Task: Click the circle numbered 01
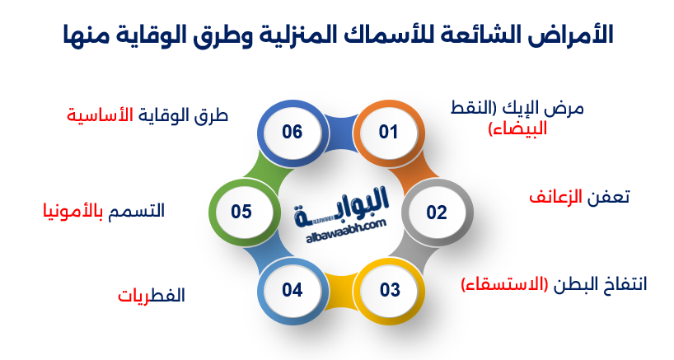click(x=388, y=133)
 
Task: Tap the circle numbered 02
click(x=436, y=213)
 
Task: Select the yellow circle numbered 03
click(x=389, y=290)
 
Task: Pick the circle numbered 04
click(x=292, y=290)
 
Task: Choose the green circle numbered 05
click(x=241, y=213)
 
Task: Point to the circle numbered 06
click(x=292, y=133)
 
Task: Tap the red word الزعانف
click(x=554, y=198)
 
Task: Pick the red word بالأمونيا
click(x=74, y=211)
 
